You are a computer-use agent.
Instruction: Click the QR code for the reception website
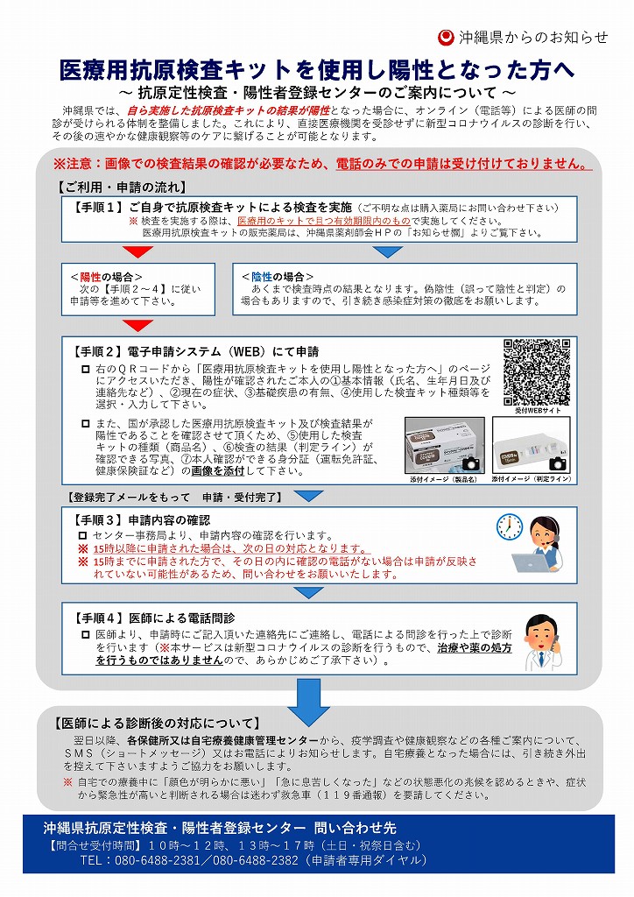click(537, 371)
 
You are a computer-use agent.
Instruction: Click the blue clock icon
click(509, 526)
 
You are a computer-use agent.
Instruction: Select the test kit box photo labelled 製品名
click(443, 447)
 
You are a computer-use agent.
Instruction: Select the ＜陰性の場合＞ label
click(278, 277)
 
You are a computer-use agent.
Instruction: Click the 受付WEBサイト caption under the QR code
click(537, 410)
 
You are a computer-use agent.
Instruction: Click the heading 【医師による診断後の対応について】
click(157, 724)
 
